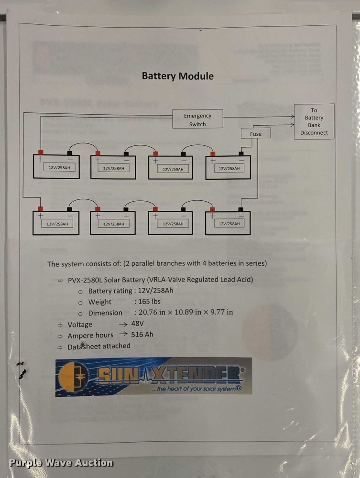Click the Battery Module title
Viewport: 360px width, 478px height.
tap(178, 76)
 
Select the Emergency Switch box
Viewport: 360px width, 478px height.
tap(197, 119)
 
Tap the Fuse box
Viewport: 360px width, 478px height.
tap(256, 134)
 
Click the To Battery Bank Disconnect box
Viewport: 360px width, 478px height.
tap(314, 122)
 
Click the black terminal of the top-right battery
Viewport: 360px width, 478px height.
tap(241, 153)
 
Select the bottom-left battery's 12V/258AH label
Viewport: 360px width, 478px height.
tap(57, 224)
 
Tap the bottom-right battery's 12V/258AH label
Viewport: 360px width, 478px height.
tap(229, 224)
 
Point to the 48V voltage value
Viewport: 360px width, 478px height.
tap(137, 324)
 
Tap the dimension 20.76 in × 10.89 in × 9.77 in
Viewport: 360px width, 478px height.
tap(184, 313)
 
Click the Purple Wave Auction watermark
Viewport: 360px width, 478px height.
tap(61, 463)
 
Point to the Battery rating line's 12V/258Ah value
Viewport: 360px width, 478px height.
tap(155, 291)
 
